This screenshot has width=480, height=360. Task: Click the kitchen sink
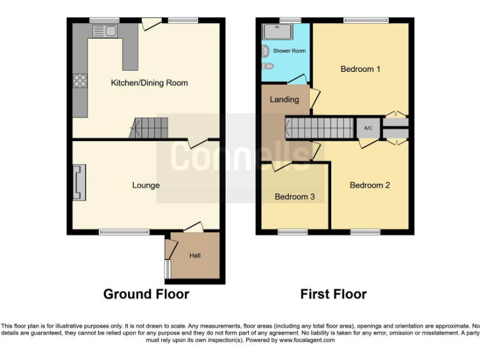click(104, 31)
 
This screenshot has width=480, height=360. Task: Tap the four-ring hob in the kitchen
click(80, 81)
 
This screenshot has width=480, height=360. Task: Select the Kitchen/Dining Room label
click(149, 82)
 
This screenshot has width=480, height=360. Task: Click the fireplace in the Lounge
click(78, 182)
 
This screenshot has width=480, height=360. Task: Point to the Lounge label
click(146, 185)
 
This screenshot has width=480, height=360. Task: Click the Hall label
click(195, 256)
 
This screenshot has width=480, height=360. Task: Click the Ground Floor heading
click(146, 294)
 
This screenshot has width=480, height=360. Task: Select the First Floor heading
click(333, 294)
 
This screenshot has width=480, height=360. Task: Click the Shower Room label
click(289, 51)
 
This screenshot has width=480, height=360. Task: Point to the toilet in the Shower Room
click(269, 65)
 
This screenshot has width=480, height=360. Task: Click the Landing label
click(284, 99)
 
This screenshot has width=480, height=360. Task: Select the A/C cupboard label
click(368, 128)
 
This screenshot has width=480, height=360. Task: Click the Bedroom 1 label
click(360, 69)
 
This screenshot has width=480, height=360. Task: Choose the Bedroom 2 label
click(369, 185)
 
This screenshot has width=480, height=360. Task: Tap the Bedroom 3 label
click(294, 197)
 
